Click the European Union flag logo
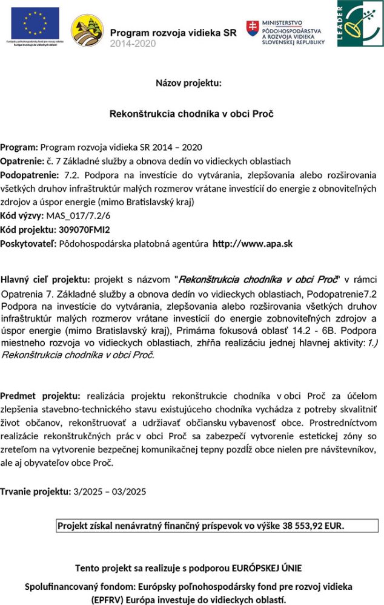(34, 22)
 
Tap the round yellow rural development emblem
(87, 30)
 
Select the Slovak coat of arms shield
(252, 28)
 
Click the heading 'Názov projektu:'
(188, 83)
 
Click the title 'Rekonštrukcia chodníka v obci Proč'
(191, 114)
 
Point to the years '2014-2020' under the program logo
(133, 44)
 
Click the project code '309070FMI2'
(84, 229)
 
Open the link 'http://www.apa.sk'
(253, 244)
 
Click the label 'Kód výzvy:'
(22, 215)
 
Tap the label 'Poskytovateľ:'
(28, 244)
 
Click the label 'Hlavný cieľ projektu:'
(45, 280)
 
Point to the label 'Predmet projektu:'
(40, 396)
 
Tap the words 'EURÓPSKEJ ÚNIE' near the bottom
(263, 568)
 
